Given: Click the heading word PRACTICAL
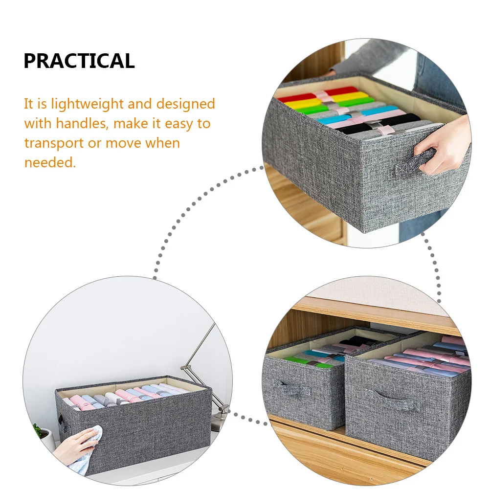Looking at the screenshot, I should [79, 61].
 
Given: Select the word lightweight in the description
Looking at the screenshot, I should [92, 104].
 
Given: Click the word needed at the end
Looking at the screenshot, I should [50, 163].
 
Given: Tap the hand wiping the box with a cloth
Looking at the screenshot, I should [81, 445].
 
